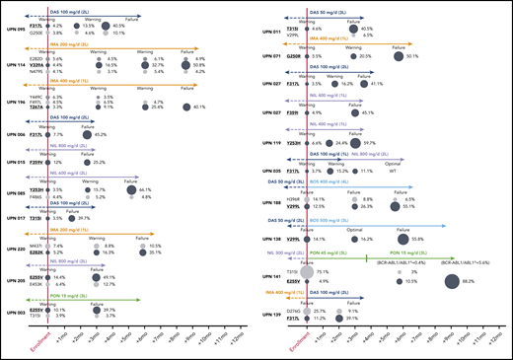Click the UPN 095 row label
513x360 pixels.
pos(16,28)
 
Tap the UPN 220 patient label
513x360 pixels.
pos(16,251)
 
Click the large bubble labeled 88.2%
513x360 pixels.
pos(439,282)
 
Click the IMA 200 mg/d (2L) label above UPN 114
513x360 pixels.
pos(70,45)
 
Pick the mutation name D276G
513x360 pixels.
pos(292,311)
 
